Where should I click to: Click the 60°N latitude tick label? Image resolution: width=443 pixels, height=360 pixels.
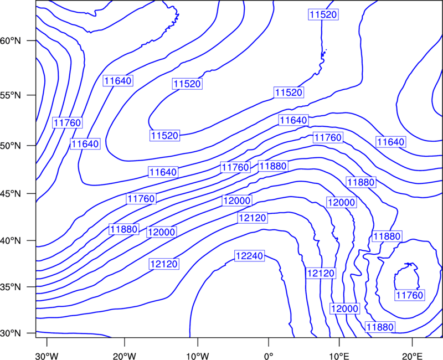[11, 40]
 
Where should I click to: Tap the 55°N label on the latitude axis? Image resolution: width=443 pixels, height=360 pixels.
[11, 95]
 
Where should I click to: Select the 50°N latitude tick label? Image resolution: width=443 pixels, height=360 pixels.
[11, 146]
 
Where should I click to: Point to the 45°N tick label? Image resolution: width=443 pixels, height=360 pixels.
[11, 193]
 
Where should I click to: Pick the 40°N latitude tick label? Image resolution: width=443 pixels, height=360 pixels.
[11, 241]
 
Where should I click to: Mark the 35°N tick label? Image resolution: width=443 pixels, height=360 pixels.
[11, 287]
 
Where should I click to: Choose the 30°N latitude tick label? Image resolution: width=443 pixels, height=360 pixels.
[11, 333]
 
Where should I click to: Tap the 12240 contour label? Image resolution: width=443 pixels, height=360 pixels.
[250, 256]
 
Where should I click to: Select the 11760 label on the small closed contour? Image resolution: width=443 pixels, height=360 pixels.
[410, 295]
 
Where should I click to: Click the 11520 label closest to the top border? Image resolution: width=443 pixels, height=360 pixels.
[323, 14]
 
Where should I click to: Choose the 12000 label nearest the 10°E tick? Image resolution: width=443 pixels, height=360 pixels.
[344, 308]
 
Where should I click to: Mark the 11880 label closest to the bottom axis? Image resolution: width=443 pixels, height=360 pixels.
[380, 327]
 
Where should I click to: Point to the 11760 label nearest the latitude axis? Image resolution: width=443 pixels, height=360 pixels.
[67, 122]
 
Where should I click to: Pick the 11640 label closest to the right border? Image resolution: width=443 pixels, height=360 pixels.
[391, 142]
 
